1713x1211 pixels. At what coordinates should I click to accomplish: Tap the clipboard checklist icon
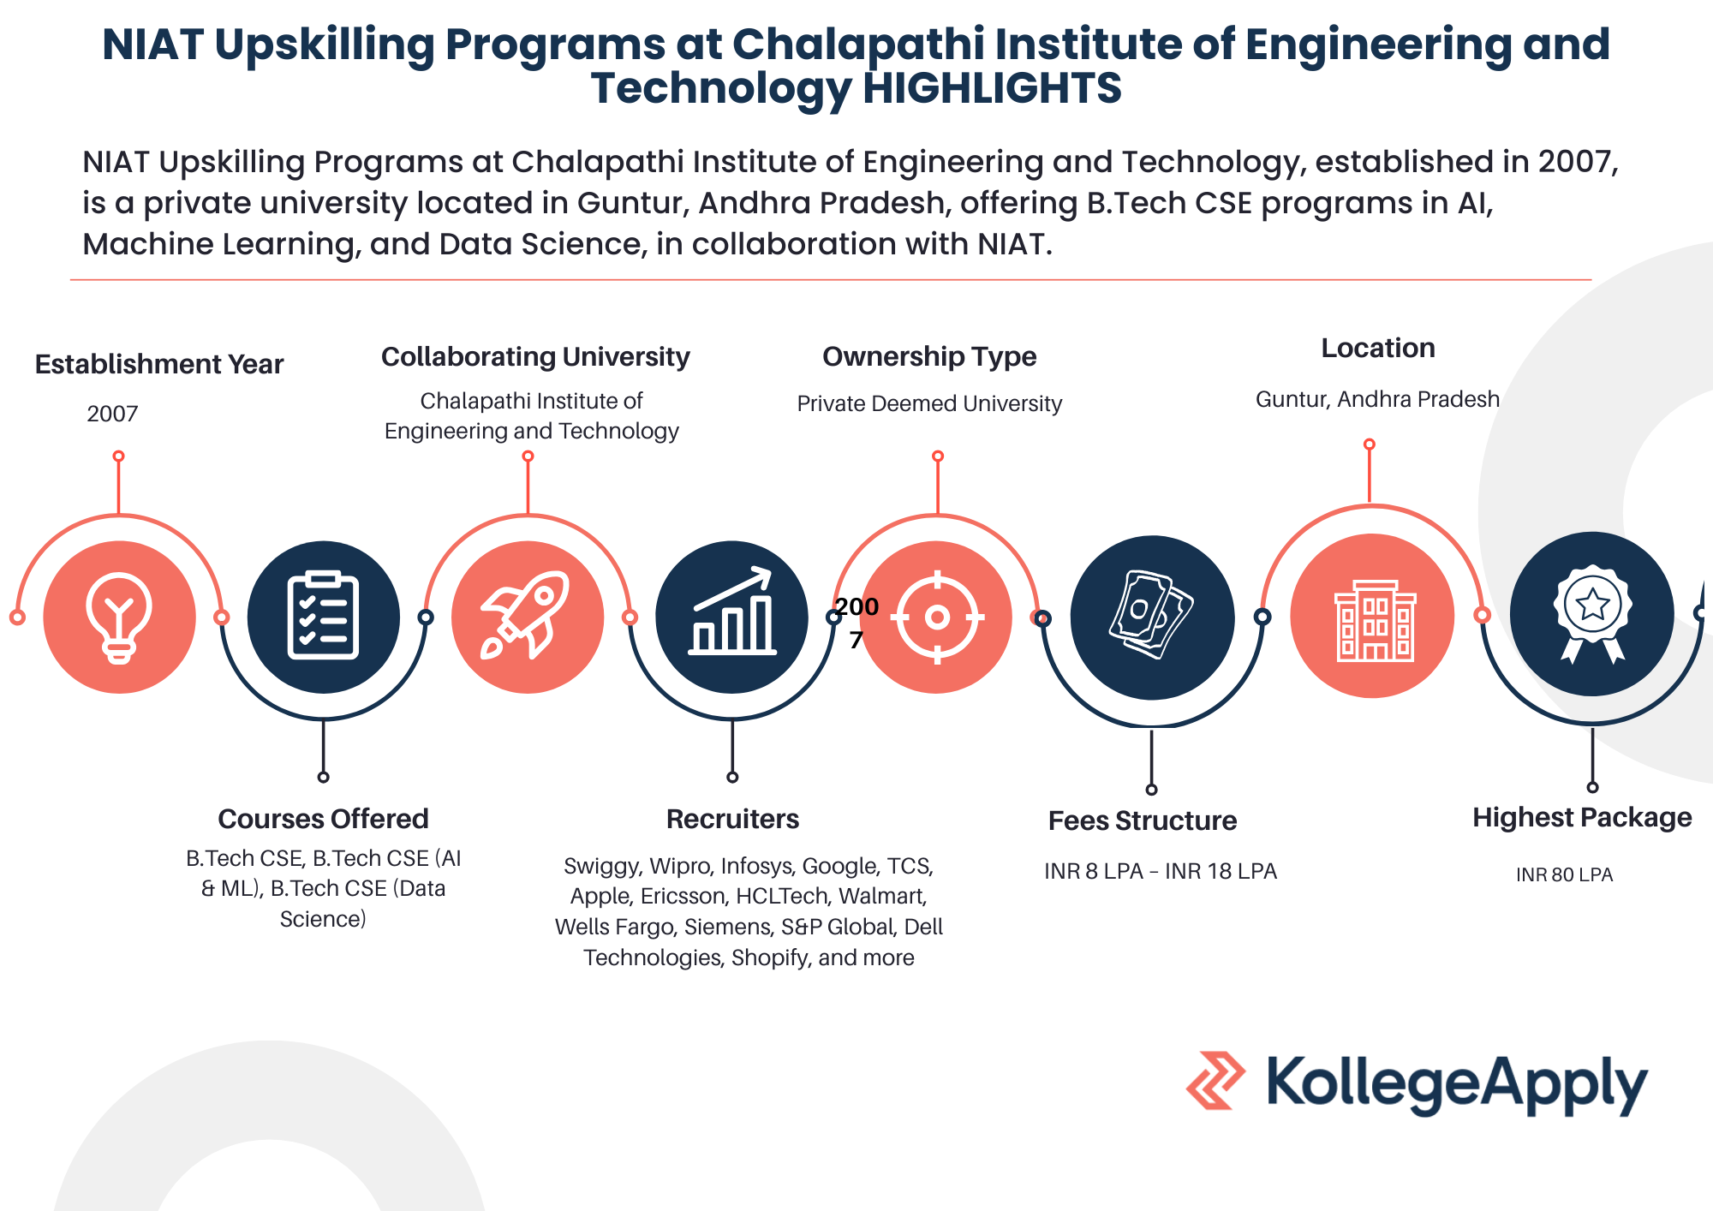pyautogui.click(x=323, y=615)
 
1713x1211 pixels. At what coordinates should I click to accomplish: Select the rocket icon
pyautogui.click(x=525, y=615)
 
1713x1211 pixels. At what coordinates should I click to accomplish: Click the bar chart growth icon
pyautogui.click(x=732, y=611)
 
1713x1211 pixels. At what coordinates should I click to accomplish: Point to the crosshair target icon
pyautogui.click(x=937, y=617)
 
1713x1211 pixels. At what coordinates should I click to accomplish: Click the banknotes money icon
pyautogui.click(x=1150, y=614)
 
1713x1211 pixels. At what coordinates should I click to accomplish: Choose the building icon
pyautogui.click(x=1376, y=620)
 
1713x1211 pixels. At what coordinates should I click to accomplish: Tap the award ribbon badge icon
pyautogui.click(x=1592, y=613)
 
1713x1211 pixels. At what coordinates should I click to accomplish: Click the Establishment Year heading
pyautogui.click(x=159, y=364)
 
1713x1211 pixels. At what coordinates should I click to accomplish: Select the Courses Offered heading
pyautogui.click(x=323, y=819)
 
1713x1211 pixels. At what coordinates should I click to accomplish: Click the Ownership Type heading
pyautogui.click(x=929, y=356)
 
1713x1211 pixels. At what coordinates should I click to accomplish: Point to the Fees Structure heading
pyautogui.click(x=1143, y=820)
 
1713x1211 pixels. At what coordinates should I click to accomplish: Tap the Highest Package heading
pyautogui.click(x=1582, y=818)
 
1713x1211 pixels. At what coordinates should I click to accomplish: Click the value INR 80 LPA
pyautogui.click(x=1564, y=874)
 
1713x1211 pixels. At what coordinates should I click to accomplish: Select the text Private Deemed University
pyautogui.click(x=929, y=403)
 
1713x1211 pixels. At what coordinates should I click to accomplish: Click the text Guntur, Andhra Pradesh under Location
pyautogui.click(x=1377, y=399)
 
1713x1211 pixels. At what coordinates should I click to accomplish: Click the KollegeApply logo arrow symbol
pyautogui.click(x=1215, y=1080)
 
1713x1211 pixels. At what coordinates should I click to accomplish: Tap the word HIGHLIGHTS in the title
pyautogui.click(x=992, y=88)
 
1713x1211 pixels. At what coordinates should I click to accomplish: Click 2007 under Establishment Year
pyautogui.click(x=112, y=414)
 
